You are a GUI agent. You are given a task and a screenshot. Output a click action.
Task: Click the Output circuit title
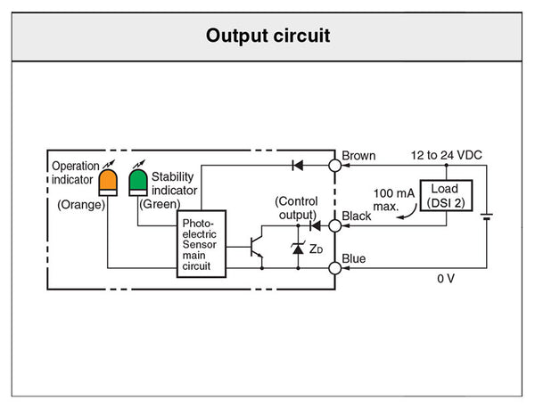[x=267, y=36]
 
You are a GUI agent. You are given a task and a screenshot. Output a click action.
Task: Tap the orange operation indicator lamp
[x=109, y=181]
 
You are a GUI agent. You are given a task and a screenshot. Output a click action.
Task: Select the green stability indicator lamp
[x=137, y=181]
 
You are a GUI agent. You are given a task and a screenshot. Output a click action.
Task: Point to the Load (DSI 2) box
[x=444, y=195]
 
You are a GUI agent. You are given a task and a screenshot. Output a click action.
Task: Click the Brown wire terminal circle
[x=335, y=165]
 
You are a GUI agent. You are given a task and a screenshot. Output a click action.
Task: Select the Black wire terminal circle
[x=335, y=226]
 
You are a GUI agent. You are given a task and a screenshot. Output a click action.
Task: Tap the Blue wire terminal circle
[x=335, y=266]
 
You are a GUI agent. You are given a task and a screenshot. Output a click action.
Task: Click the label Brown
[x=358, y=155]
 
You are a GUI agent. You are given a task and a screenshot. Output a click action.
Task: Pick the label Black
[x=357, y=216]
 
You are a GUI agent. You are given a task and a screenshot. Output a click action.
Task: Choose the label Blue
[x=354, y=258]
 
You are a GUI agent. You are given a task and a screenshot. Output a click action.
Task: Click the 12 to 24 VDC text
[x=446, y=155]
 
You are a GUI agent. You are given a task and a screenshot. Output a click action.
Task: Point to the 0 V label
[x=446, y=279]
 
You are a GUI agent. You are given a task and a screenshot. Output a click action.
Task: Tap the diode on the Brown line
[x=298, y=165]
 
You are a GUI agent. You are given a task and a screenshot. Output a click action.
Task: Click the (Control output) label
[x=296, y=208]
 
